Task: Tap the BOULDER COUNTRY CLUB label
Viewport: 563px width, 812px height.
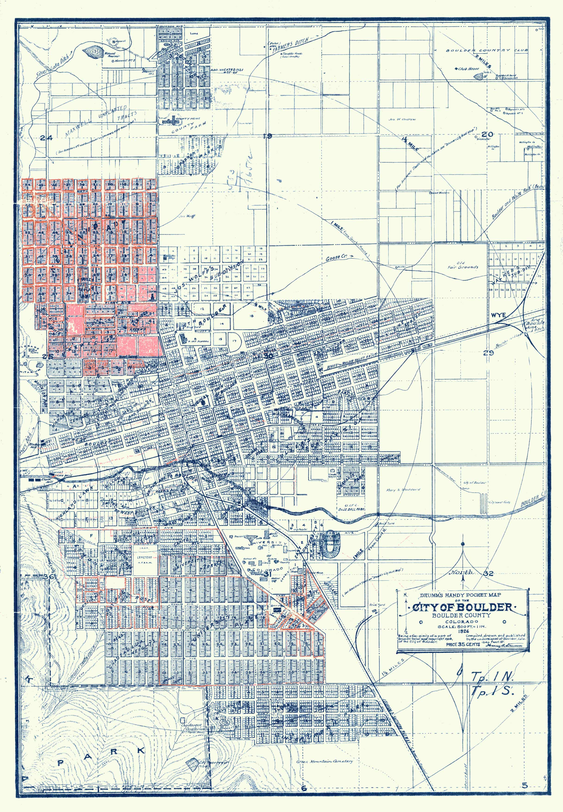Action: (x=487, y=51)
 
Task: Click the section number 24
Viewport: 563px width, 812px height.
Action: (x=46, y=138)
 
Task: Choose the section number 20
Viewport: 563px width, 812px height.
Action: (x=487, y=134)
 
